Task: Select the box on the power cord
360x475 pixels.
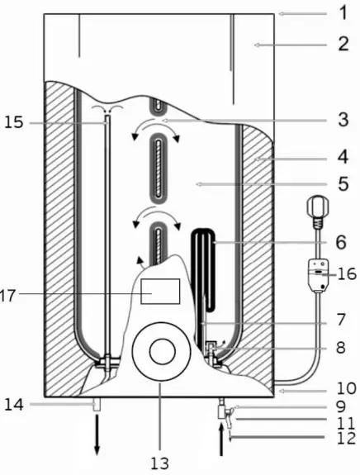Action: tap(317, 273)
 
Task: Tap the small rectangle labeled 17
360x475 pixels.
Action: tap(160, 291)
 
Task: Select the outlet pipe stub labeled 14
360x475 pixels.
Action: tap(97, 405)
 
